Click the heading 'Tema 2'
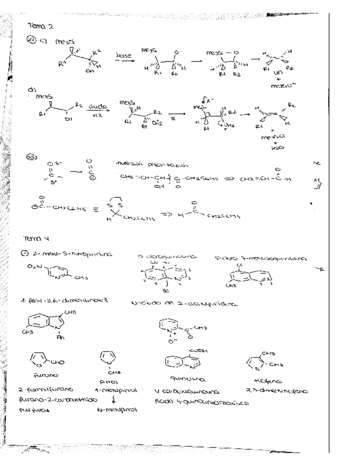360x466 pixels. coord(42,25)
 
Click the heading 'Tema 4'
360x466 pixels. coord(37,239)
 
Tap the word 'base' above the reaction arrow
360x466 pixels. coord(124,55)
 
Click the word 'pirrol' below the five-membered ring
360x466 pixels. coord(110,380)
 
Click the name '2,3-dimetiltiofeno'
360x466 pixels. coord(276,391)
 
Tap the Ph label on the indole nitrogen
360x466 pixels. coord(60,337)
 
